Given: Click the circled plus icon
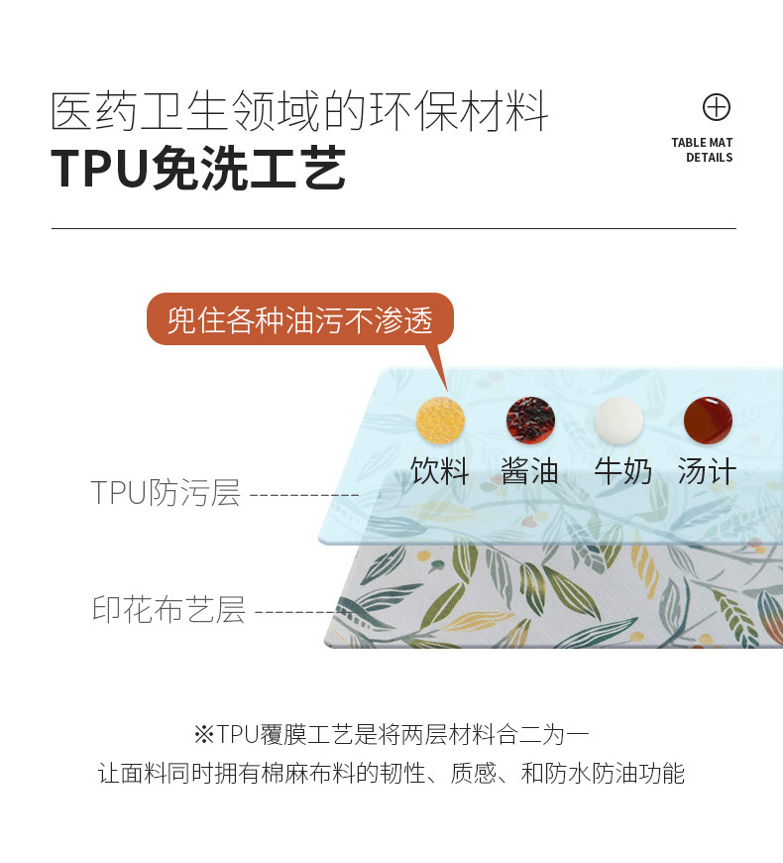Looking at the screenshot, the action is coord(716,107).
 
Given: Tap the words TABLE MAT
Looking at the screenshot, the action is coord(702,143).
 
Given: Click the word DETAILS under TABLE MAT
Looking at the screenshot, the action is coord(709,158).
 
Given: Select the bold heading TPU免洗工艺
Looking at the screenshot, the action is coord(198,168).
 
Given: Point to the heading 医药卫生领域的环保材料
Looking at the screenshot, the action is coord(299,112).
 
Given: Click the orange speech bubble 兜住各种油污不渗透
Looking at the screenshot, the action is coord(299,319).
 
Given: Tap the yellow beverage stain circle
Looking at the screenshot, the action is coord(440,421).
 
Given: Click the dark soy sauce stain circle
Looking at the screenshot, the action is coord(530,421).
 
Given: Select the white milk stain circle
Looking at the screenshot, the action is coord(618,421).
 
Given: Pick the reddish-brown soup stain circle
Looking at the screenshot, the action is coord(708,421).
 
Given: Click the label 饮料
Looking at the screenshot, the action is coord(440,470).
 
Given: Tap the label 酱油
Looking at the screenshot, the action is coord(530,470).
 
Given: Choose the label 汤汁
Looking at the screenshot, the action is coord(708,470).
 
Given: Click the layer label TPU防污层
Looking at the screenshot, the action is coord(166,492).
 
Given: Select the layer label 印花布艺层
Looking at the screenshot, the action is coord(168,609).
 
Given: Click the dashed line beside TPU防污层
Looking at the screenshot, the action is coord(303,494).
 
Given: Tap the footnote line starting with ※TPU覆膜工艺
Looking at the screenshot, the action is coord(391,735).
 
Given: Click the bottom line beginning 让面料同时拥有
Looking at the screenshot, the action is coord(391,774).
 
